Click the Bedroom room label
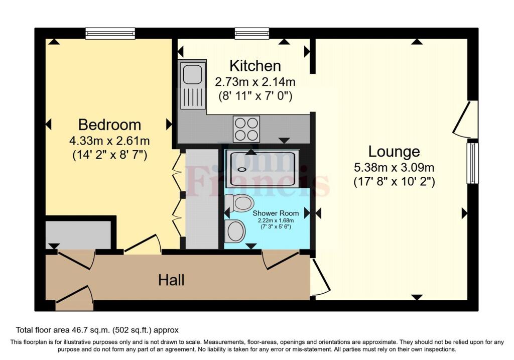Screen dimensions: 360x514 109,125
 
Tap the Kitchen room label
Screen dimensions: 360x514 254,66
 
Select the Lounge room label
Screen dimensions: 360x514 394,151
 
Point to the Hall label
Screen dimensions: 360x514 171,280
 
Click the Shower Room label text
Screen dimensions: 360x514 276,213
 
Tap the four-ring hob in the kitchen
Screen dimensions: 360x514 246,129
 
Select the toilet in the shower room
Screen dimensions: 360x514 239,203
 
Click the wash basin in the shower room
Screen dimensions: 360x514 235,231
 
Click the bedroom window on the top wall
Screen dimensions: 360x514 110,34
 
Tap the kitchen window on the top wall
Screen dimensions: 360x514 251,34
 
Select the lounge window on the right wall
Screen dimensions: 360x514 472,163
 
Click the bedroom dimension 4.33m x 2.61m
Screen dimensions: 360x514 109,140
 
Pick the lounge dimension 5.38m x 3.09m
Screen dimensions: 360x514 394,167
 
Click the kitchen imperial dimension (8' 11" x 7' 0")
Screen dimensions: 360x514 254,95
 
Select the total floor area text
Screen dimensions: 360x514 97,330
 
